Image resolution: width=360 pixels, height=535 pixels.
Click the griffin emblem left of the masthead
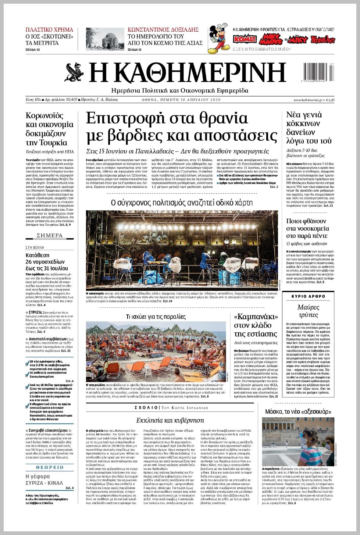coord(75,72)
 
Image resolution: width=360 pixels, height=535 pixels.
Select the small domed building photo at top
coord(100,39)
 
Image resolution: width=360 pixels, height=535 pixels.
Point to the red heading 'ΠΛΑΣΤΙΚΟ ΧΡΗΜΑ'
coord(49,29)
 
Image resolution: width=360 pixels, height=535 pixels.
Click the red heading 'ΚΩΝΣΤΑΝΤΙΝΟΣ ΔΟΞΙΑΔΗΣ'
coord(163,29)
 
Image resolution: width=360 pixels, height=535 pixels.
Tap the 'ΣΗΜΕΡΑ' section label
coord(50,235)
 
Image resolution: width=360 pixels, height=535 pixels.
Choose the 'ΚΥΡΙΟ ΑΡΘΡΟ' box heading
coord(308,296)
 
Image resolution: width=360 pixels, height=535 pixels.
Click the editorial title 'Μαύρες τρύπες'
coord(308,311)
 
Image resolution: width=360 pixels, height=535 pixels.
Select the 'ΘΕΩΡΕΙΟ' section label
coord(50,467)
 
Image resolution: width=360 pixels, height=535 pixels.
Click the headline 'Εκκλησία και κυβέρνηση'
coord(170,420)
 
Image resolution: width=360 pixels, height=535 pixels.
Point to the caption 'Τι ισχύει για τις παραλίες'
coord(156,317)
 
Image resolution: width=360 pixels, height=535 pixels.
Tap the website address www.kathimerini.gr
coord(308,100)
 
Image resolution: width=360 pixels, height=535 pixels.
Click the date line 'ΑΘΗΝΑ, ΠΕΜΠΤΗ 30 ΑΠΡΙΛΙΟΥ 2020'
coord(181,100)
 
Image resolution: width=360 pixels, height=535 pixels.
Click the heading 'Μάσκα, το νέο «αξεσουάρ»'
coord(298,412)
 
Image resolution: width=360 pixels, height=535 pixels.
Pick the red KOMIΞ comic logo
coord(245,39)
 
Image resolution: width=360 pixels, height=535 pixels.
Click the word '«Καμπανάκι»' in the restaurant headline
coord(256,317)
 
